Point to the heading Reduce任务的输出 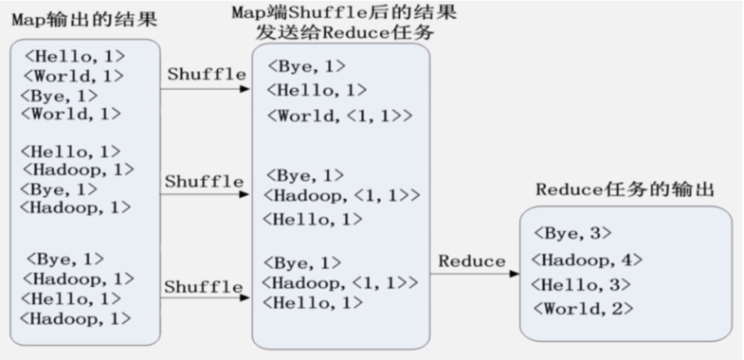(x=625, y=189)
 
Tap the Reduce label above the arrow (x=471, y=261)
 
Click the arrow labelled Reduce (x=474, y=275)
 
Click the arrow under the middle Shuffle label (x=204, y=194)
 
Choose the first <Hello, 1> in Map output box (x=71, y=56)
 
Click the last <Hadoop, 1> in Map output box (x=75, y=318)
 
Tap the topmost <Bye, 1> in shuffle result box (x=305, y=66)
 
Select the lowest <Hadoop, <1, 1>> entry (x=339, y=282)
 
